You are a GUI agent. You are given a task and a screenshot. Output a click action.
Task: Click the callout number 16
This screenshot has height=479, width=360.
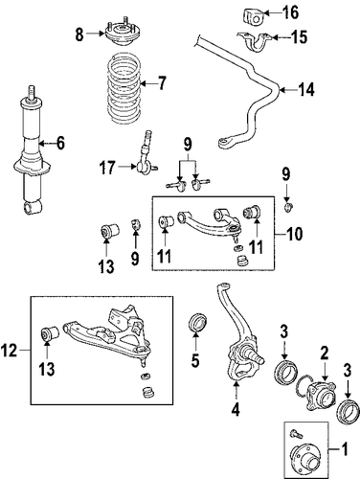coord(291,12)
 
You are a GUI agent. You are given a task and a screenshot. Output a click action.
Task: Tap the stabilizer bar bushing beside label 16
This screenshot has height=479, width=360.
coord(251,16)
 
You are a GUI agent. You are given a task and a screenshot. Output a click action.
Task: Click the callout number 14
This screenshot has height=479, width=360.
coord(306,90)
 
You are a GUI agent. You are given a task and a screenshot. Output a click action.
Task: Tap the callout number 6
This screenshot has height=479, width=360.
coord(60,143)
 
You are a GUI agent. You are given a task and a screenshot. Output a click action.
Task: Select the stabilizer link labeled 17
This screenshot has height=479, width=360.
coord(146,155)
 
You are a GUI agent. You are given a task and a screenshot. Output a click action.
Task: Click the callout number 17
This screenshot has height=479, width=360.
coord(106,167)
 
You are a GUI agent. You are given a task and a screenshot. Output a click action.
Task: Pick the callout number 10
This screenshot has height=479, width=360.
coord(294,234)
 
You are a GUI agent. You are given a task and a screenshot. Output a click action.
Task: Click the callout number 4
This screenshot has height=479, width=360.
coord(236,409)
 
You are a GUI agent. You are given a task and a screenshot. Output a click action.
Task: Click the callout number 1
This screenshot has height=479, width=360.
coord(345,449)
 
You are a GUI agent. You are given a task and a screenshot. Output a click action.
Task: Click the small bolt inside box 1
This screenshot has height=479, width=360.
coord(294,434)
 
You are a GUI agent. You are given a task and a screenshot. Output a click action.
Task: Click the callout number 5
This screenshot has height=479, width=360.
coord(195,361)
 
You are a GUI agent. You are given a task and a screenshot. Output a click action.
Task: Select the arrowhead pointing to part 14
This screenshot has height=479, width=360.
coord(281,90)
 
